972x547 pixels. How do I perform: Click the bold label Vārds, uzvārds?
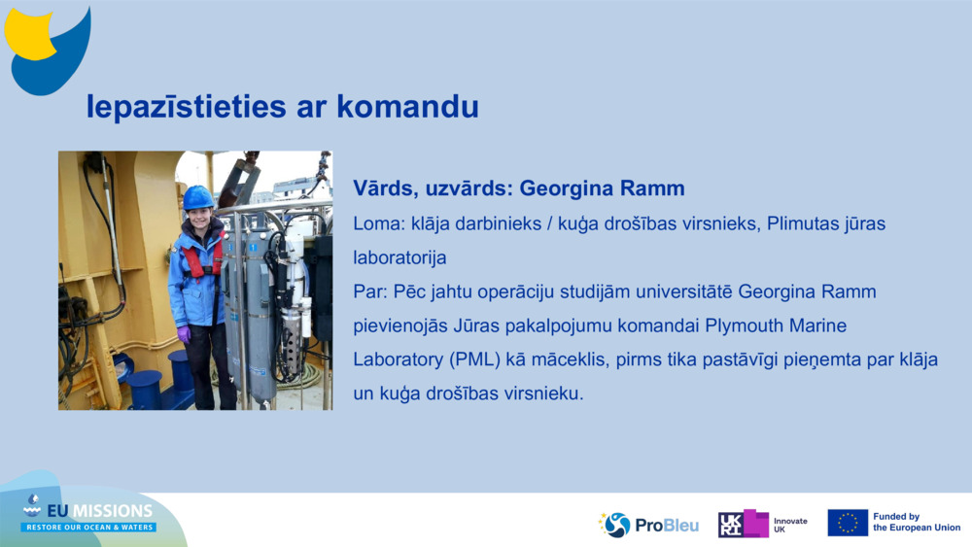(432, 188)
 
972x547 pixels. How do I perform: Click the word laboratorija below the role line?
(399, 258)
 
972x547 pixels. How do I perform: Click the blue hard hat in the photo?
(198, 197)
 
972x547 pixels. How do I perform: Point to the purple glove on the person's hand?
(184, 333)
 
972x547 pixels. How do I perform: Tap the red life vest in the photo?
(199, 259)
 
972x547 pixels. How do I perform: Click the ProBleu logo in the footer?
(648, 525)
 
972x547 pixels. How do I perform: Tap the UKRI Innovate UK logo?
(762, 525)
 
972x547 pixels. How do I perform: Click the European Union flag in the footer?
(848, 523)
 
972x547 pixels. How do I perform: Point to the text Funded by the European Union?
(916, 523)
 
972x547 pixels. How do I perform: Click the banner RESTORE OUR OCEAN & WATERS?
(89, 528)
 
